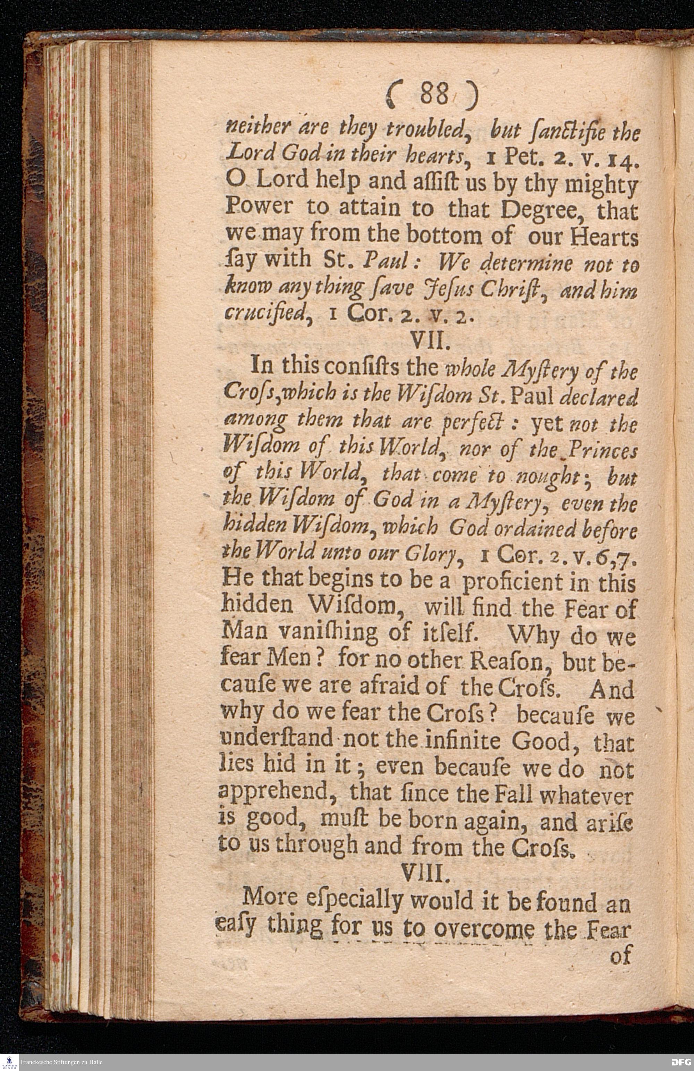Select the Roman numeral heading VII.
click(x=431, y=345)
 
